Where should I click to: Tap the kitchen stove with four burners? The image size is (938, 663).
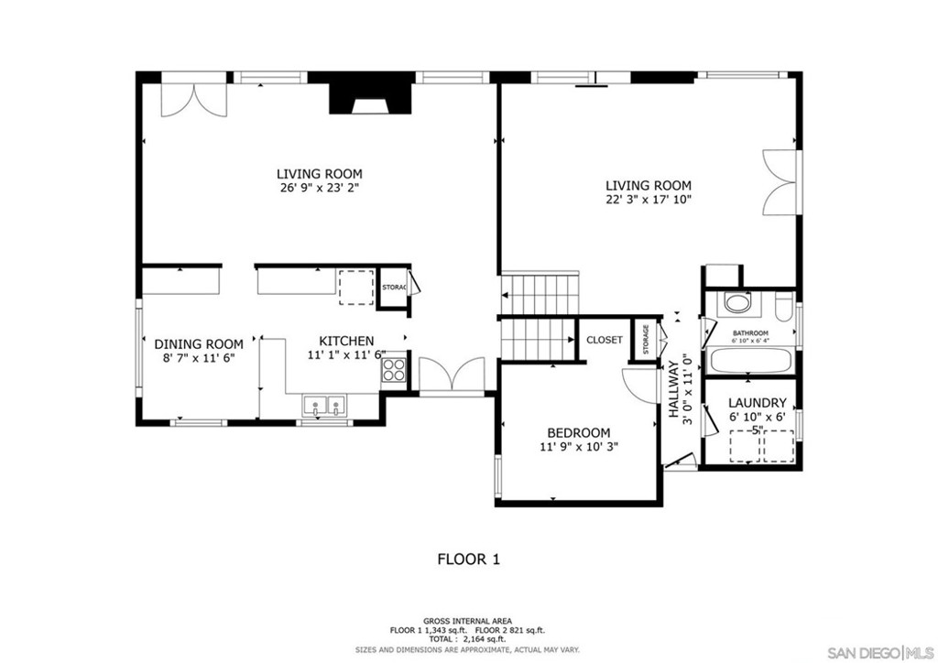394,369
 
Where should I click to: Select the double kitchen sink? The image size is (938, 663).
324,404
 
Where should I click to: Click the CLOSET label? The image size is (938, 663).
605,340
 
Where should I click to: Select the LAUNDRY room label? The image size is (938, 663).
757,402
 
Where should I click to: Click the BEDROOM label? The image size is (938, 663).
578,433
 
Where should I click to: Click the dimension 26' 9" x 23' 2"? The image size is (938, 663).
320,189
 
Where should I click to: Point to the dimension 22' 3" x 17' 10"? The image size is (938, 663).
648,199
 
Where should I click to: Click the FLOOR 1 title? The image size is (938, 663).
468,558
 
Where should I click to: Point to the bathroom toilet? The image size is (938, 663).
782,305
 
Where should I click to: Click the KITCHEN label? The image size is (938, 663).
346,340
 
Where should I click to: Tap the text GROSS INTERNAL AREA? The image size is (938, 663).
467,620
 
